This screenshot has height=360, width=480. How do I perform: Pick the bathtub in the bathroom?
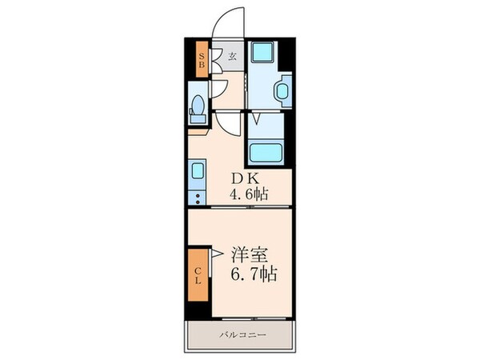point(265,151)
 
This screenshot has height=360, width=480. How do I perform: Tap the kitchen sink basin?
point(197,170)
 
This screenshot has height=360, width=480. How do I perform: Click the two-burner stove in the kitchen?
point(197,195)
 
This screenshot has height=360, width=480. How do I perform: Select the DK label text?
point(243,178)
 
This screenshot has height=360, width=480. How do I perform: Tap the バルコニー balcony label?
point(238,334)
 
